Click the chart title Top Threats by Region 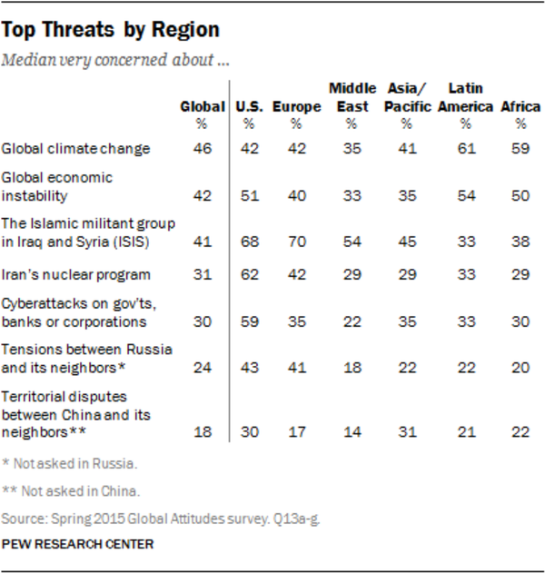pyautogui.click(x=110, y=30)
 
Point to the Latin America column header pyautogui.click(x=465, y=97)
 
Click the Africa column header pyautogui.click(x=521, y=107)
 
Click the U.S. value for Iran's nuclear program pyautogui.click(x=248, y=274)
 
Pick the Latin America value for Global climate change pyautogui.click(x=465, y=148)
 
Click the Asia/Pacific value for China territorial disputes pyautogui.click(x=406, y=432)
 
